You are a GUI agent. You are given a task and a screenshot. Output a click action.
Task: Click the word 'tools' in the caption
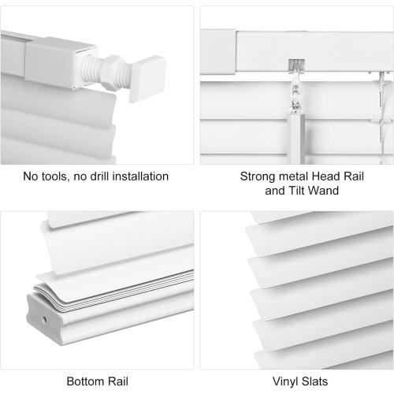(58, 177)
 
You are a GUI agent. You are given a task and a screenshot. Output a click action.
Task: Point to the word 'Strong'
(258, 177)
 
